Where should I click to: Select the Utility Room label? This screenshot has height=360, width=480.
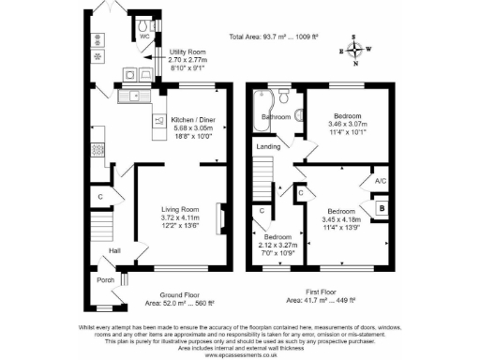click(x=187, y=52)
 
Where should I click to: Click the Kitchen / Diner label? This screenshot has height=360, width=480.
click(x=191, y=120)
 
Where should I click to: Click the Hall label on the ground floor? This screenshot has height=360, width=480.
click(x=114, y=251)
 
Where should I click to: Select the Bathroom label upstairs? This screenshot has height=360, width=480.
click(x=275, y=117)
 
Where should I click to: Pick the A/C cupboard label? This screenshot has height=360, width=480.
click(x=380, y=180)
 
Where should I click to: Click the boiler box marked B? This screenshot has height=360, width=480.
click(x=382, y=208)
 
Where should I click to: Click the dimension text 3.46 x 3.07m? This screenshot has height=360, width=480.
click(x=349, y=124)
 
